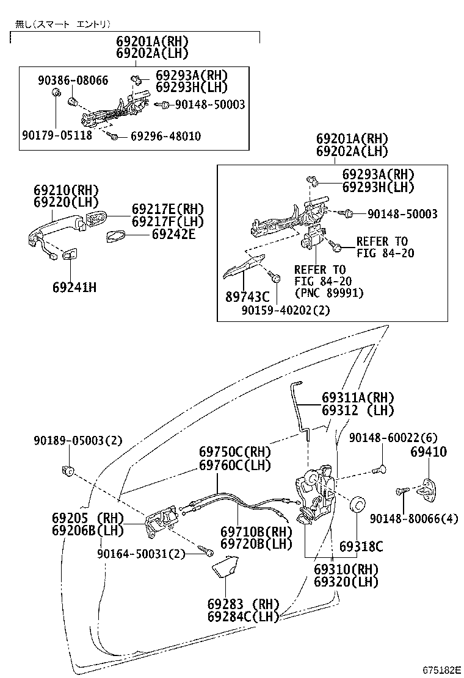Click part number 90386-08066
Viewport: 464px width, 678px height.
coord(73,80)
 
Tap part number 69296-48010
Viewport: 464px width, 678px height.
coord(165,136)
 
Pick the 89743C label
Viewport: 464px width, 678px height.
coord(247,297)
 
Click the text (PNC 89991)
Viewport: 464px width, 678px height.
coord(328,293)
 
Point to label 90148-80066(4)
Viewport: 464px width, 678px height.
coord(413,518)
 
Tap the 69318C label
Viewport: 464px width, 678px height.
coord(361,546)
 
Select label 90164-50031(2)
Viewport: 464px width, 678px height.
coord(140,554)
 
